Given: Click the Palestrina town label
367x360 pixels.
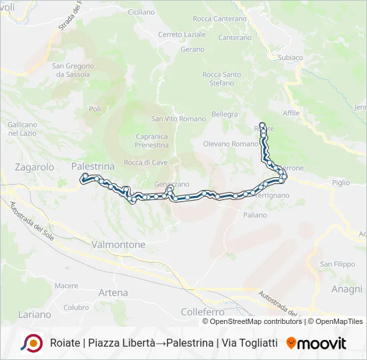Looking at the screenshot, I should tap(93, 165).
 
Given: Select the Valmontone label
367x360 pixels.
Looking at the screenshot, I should tap(117, 245).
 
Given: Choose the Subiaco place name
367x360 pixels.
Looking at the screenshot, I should tap(290, 58).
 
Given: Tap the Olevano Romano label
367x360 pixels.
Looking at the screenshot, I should tap(230, 143).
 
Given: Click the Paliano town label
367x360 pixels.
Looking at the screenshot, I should tap(255, 215).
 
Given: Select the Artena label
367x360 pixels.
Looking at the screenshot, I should tap(113, 292).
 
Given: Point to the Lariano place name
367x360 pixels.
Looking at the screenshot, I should tap(35, 314).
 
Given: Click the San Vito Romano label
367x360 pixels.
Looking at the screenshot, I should tap(178, 119).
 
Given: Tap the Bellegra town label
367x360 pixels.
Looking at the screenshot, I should tap(224, 114).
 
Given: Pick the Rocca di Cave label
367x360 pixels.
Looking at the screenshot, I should tap(145, 162).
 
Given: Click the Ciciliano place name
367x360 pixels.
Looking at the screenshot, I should tap(140, 12).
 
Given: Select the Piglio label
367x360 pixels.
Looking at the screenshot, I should tap(340, 182).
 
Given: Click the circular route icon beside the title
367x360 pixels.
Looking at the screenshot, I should tap(31, 343).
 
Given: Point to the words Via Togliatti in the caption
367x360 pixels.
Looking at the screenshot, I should tap(248, 343).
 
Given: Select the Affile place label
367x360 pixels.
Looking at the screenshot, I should tap(292, 113).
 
